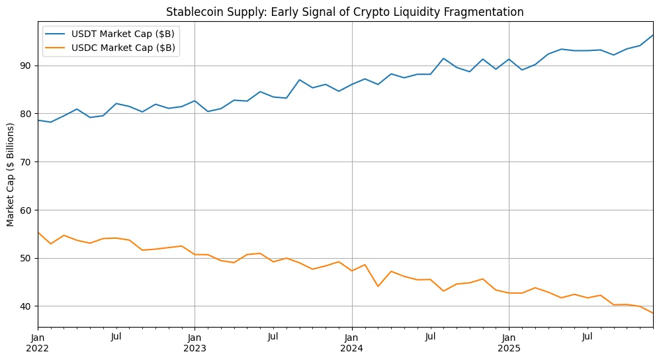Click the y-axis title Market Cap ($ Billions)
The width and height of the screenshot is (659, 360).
11,174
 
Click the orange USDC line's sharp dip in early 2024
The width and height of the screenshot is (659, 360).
378,286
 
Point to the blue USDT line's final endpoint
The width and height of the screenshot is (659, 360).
652,35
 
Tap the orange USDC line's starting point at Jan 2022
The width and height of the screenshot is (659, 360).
38,232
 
